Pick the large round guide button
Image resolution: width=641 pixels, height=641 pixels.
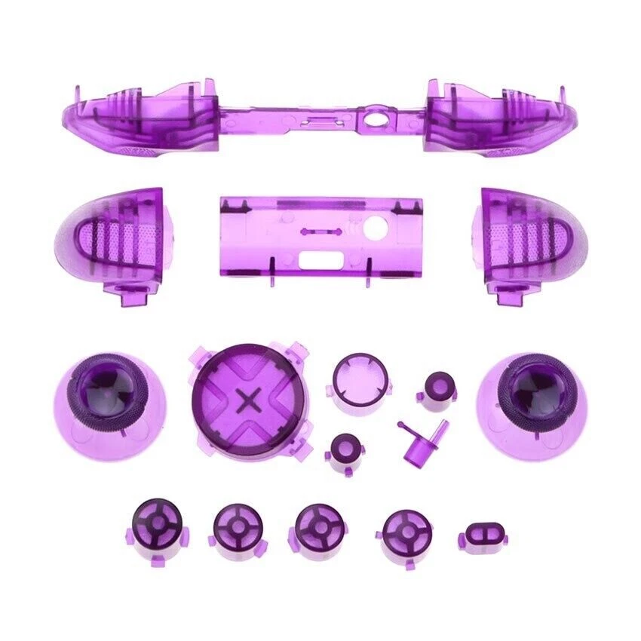click(352, 375)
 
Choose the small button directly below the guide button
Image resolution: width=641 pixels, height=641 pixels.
click(346, 451)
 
